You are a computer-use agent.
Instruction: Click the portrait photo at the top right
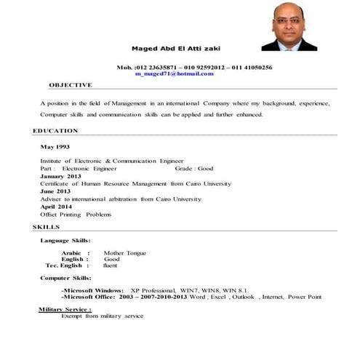(289, 26)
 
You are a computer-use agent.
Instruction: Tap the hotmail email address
(174, 73)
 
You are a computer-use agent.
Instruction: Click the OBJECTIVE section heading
(71, 84)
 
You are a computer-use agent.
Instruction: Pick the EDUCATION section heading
(55, 130)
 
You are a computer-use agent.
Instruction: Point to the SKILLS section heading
(47, 227)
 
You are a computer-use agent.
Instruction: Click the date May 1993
(54, 148)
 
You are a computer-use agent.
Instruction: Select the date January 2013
(60, 177)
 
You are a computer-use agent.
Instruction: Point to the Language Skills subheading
(65, 240)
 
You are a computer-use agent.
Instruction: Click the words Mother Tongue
(125, 252)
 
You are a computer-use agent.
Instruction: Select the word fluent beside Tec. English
(110, 265)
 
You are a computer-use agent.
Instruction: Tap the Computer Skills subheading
(65, 278)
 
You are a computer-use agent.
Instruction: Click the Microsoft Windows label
(92, 290)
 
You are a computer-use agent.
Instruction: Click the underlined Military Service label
(65, 309)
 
